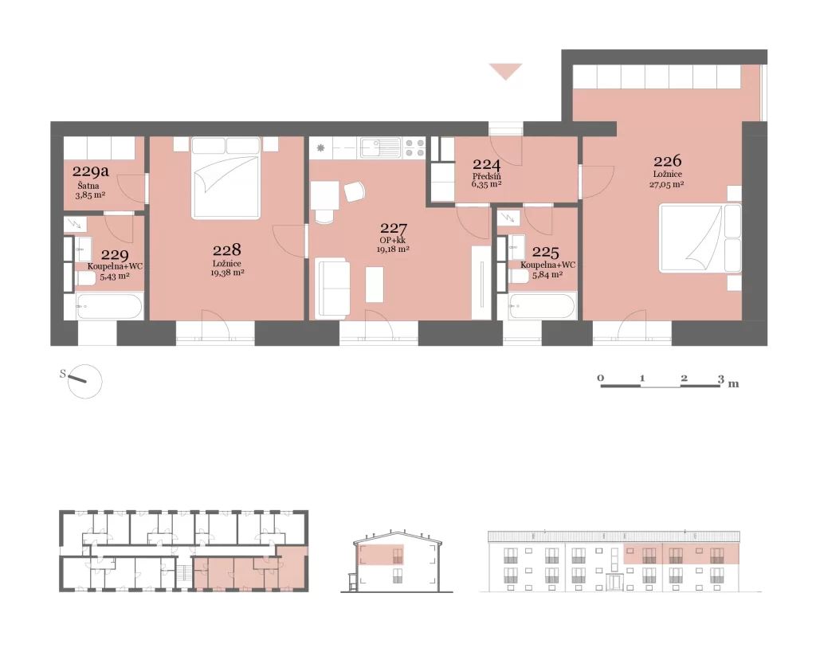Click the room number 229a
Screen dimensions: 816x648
[x=91, y=171]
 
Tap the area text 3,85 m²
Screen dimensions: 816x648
[x=91, y=196]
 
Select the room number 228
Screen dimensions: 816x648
[x=227, y=249]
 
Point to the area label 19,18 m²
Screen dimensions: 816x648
[x=393, y=249]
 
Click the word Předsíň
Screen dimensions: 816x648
[x=487, y=176]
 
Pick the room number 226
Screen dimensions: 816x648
[x=668, y=161]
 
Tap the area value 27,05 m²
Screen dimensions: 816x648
[x=667, y=184]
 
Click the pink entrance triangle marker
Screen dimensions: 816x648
[x=505, y=71]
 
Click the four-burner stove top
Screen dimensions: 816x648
[x=414, y=147]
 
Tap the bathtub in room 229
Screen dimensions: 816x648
[x=109, y=306]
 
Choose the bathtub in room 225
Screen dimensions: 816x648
[x=543, y=306]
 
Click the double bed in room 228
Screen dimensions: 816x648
[x=226, y=178]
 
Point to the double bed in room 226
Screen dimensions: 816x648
[x=700, y=238]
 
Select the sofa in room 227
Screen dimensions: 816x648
[x=333, y=287]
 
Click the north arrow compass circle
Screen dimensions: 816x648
[x=85, y=382]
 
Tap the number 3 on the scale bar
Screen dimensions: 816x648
[x=720, y=379]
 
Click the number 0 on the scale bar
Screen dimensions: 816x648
[x=601, y=378]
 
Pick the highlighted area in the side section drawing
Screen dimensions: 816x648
[x=382, y=555]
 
